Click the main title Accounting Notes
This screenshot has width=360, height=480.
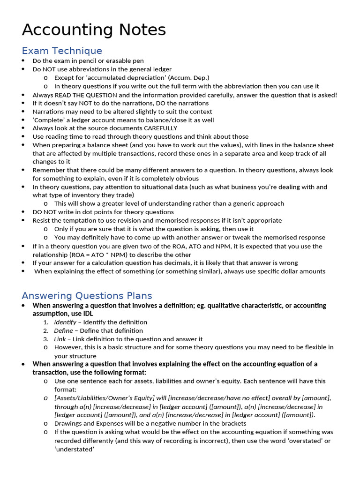click(x=94, y=30)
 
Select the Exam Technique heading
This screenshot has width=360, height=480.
click(x=62, y=51)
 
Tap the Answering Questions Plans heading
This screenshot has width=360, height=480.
click(x=87, y=295)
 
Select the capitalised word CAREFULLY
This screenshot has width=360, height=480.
click(x=161, y=128)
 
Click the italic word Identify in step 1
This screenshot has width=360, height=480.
click(x=65, y=322)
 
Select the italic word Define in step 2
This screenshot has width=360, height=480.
click(x=63, y=330)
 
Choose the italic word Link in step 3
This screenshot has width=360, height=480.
click(x=60, y=339)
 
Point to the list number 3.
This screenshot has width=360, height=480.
click(x=46, y=339)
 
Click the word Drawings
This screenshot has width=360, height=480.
click(x=67, y=423)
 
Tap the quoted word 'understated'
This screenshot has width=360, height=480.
click(x=74, y=449)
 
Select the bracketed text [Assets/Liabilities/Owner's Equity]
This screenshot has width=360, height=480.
click(x=104, y=398)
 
